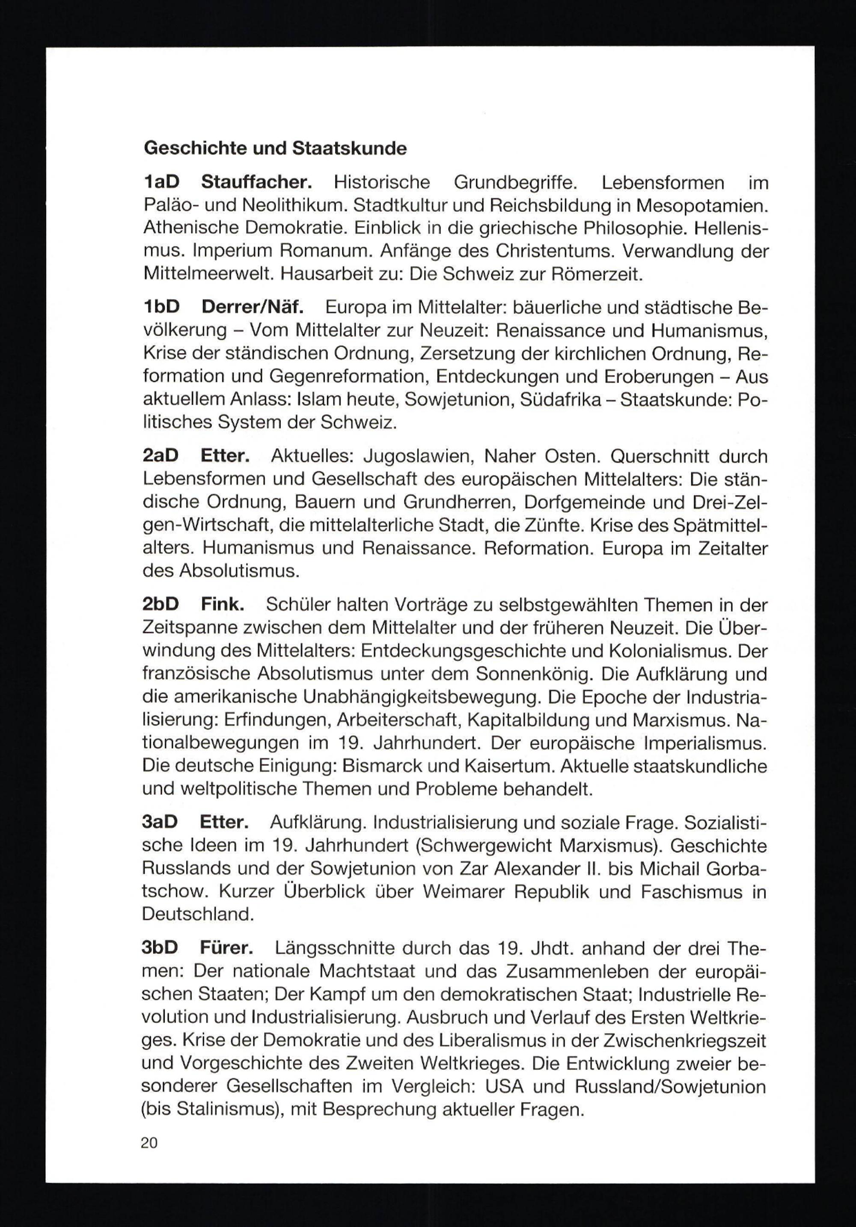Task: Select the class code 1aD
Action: pyautogui.click(x=162, y=182)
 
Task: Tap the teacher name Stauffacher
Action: pyautogui.click(x=256, y=182)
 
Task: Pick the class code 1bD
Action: pyautogui.click(x=162, y=307)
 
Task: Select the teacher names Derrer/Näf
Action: pyautogui.click(x=252, y=307)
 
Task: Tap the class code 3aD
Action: pyautogui.click(x=160, y=822)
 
